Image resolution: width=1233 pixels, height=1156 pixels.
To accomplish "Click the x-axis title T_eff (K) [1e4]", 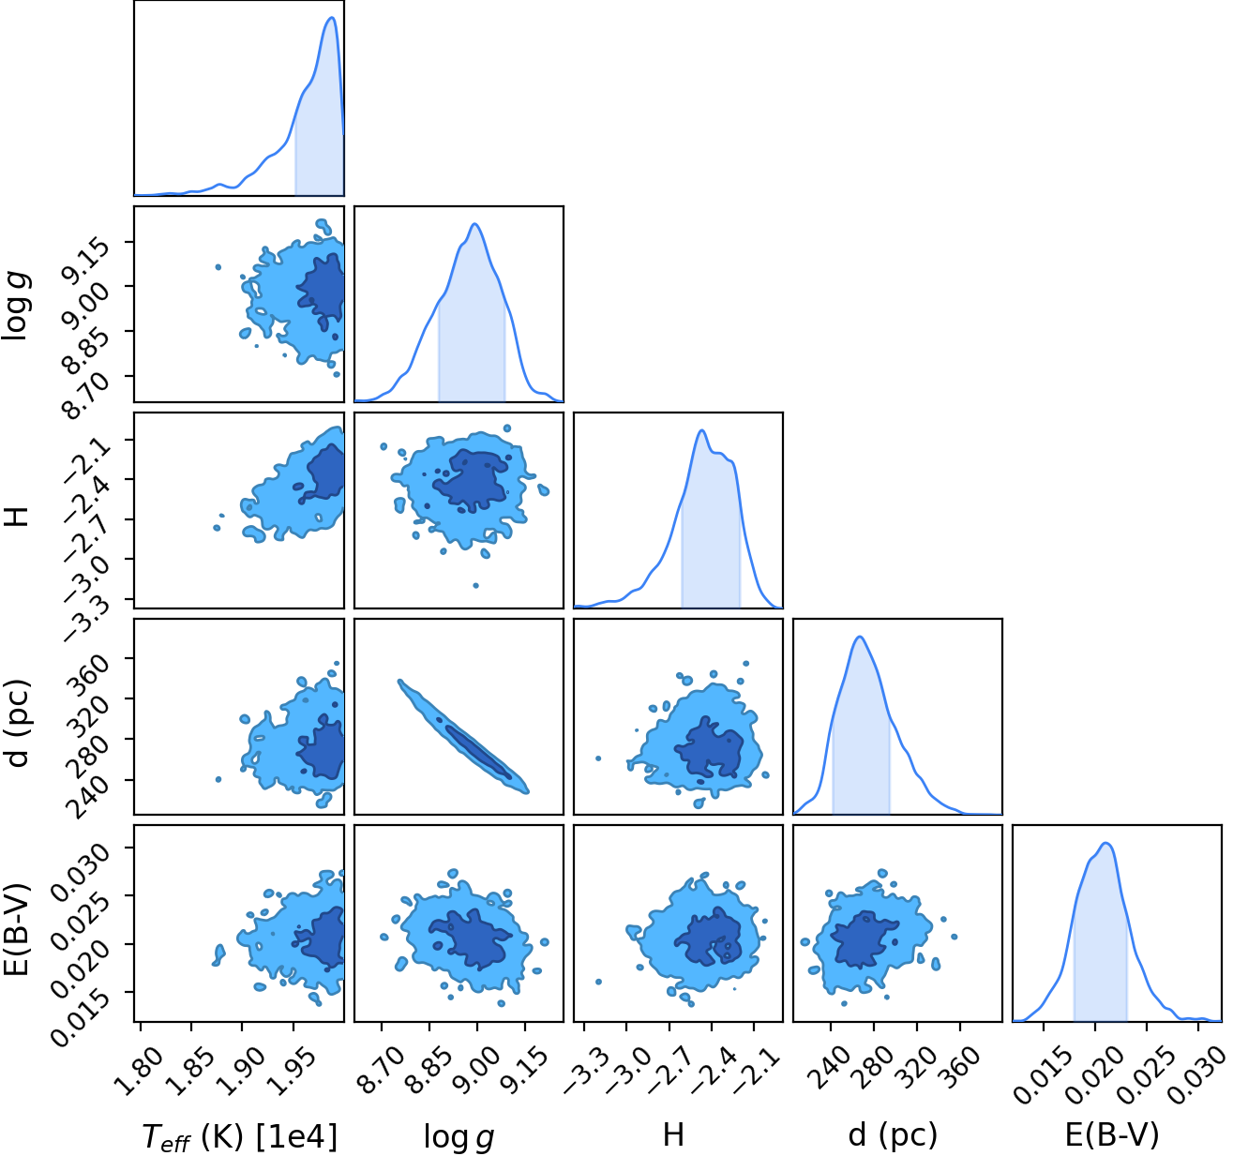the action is (x=240, y=1137).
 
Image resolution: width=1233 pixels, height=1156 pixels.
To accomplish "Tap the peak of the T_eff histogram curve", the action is (x=332, y=18).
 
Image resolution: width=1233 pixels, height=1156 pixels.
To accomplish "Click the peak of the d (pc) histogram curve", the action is (x=860, y=637).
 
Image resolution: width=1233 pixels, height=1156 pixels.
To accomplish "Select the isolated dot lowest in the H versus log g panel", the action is (x=476, y=585).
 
